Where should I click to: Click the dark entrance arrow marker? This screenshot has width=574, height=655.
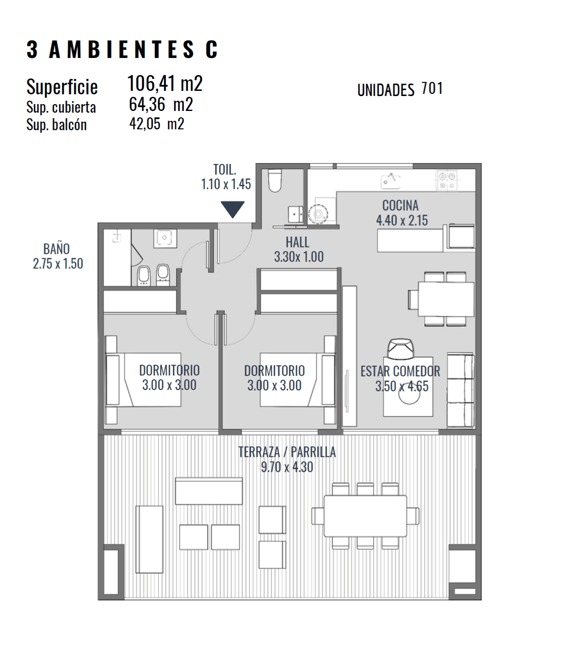(232, 209)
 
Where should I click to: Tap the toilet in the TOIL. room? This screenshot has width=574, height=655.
(275, 181)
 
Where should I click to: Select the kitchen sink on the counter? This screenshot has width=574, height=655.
(391, 181)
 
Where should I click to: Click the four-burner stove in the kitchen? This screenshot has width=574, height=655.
(447, 180)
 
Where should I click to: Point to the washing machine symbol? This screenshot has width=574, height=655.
(319, 214)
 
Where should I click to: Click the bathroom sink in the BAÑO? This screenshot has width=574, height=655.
(165, 238)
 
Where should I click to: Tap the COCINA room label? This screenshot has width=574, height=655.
(400, 206)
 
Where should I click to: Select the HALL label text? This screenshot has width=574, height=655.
(297, 242)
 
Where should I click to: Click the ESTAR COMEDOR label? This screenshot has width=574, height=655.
(400, 372)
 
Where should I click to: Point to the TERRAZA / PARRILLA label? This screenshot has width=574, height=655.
(287, 452)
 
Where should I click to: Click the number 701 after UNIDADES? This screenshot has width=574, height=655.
(432, 88)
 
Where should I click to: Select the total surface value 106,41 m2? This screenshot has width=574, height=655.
(165, 83)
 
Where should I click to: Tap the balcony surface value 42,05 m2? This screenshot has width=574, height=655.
(157, 123)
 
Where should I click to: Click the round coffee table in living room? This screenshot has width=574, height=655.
(409, 396)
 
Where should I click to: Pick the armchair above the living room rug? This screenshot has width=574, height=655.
(400, 349)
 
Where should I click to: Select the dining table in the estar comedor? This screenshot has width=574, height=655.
(446, 299)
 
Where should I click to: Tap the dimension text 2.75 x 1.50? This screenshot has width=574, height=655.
(58, 264)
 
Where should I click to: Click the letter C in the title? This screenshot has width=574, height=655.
(212, 49)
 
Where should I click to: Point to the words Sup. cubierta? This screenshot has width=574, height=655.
(61, 108)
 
